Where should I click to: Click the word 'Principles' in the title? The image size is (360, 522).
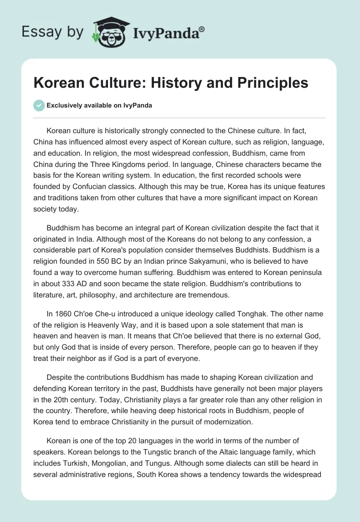point(269,83)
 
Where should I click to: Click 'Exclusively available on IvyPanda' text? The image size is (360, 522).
point(99,105)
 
